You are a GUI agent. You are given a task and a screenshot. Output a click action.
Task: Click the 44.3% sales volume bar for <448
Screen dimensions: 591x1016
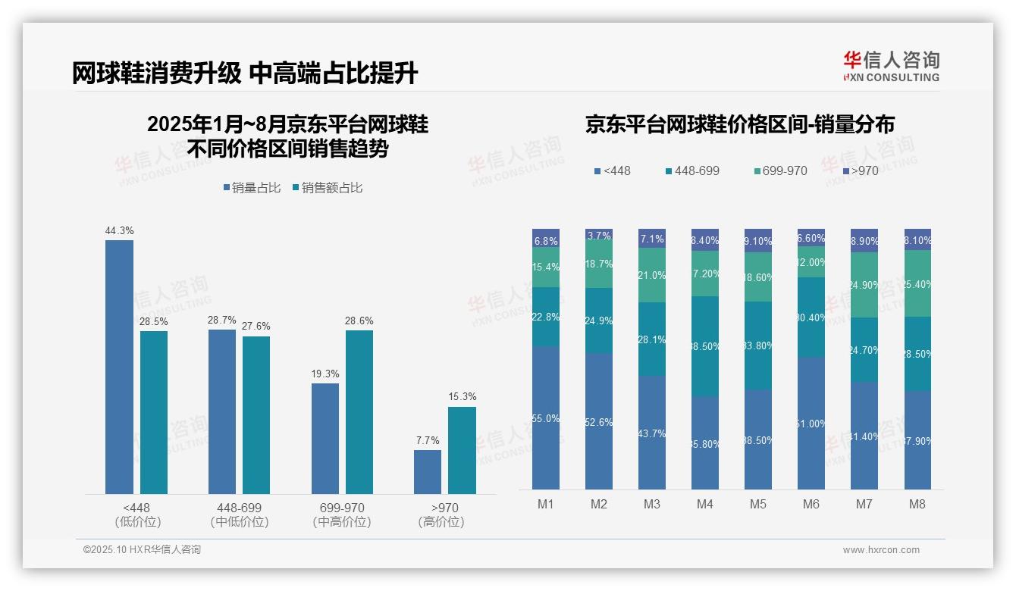(x=119, y=367)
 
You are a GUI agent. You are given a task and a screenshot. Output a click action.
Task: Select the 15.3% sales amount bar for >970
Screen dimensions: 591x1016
(x=462, y=450)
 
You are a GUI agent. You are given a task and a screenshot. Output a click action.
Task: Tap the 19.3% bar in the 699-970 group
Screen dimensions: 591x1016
(x=325, y=439)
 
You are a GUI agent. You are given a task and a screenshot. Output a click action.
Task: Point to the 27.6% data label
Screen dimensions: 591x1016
(x=256, y=326)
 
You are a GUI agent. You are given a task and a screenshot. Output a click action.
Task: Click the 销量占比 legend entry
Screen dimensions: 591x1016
(x=252, y=188)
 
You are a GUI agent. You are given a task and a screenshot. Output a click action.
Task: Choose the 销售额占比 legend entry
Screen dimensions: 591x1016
(x=327, y=188)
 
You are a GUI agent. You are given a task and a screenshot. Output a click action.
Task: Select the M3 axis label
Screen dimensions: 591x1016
(x=652, y=505)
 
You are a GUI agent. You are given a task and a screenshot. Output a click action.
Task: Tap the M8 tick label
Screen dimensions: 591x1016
(x=917, y=505)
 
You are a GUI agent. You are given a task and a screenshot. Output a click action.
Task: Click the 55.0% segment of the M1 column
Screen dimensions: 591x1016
(x=546, y=417)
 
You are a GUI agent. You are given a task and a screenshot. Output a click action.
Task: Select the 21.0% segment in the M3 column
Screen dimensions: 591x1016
(x=652, y=275)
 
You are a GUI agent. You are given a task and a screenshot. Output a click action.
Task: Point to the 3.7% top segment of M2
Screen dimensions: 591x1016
(x=599, y=234)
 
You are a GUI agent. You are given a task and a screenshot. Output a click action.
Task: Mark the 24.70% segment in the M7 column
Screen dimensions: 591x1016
(x=864, y=349)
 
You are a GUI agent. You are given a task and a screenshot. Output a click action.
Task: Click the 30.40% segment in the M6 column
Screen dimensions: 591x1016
(x=811, y=317)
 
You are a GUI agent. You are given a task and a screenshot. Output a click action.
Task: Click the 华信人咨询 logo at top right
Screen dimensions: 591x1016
(x=891, y=66)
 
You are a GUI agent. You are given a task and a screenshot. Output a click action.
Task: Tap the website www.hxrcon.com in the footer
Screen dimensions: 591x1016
(x=881, y=550)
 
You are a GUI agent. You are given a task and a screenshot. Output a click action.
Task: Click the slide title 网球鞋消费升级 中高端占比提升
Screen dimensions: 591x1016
(x=245, y=73)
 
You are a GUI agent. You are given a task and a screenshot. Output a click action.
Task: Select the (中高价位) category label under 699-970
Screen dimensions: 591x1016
(x=342, y=522)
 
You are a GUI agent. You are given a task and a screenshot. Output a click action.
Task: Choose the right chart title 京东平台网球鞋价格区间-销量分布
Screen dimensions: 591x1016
(x=739, y=125)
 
